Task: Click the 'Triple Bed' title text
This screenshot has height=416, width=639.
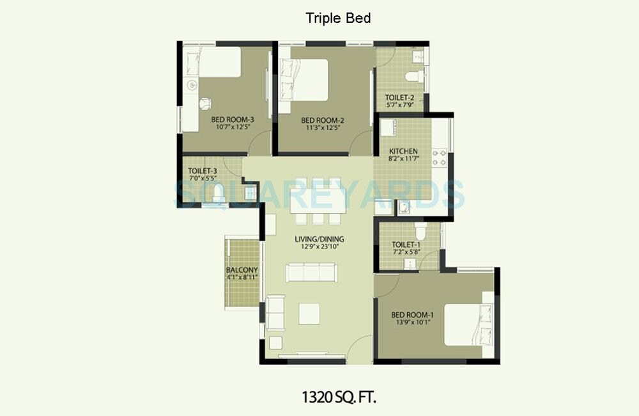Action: pos(338,18)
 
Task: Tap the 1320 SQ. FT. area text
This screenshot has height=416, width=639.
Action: pos(339,397)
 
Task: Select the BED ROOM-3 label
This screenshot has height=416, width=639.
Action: pos(233,120)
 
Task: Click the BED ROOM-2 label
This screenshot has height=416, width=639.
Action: pos(323,120)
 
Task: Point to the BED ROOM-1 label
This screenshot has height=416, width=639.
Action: pos(413,315)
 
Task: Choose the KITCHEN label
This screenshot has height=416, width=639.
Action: pos(404,152)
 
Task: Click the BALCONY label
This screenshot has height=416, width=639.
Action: pos(242,270)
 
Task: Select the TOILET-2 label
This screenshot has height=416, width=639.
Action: pos(401,97)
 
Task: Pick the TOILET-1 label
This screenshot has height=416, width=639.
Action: pos(406,244)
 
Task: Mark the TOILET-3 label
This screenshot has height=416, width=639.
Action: pos(203,172)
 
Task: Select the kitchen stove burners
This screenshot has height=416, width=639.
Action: pos(439,158)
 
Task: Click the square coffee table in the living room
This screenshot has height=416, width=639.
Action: pos(309,313)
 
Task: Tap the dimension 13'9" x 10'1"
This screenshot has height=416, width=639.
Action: pos(413,323)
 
